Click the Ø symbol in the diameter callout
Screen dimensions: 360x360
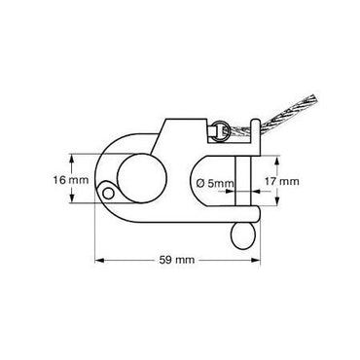pos(200,183)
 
